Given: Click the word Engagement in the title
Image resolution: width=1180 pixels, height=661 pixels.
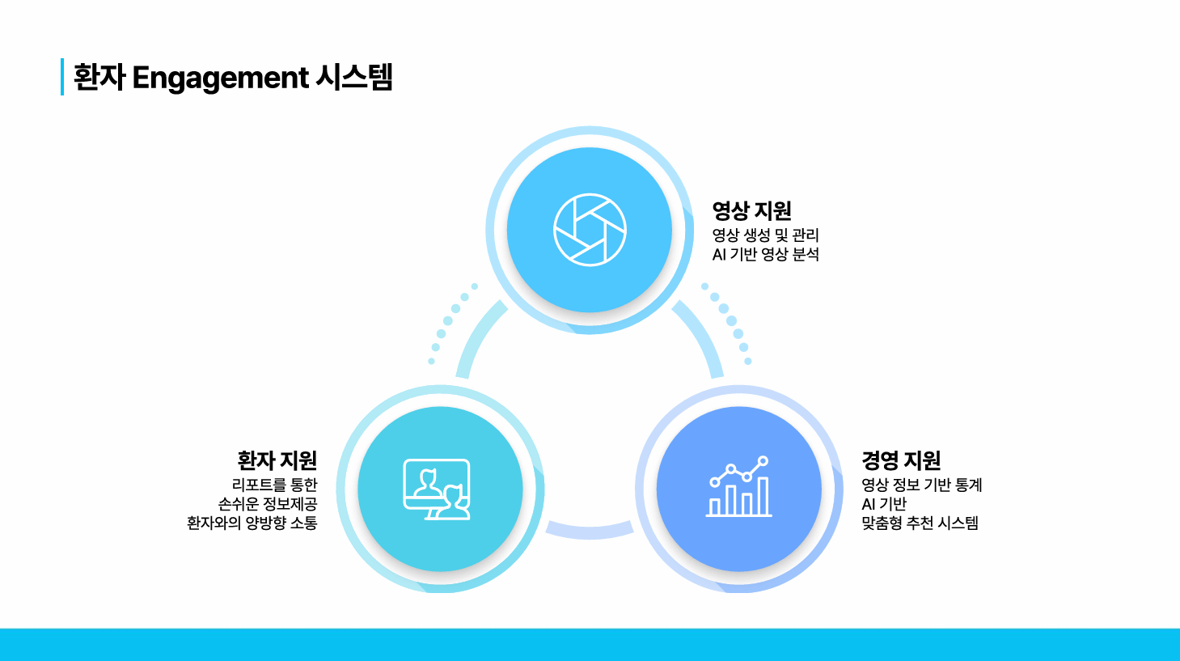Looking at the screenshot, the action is [x=220, y=78].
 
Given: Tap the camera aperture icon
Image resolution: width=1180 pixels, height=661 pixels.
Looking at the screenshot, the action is [x=590, y=230].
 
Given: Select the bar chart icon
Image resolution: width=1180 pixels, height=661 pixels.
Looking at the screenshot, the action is [x=738, y=486].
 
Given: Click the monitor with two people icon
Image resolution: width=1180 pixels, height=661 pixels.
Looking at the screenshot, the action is [x=437, y=489].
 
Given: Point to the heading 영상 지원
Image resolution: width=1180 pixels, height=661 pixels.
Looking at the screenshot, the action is [x=751, y=210].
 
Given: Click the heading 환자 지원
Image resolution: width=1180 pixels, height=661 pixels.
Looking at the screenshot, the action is [x=277, y=460].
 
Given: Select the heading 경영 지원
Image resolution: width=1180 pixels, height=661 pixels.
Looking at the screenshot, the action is [x=901, y=460].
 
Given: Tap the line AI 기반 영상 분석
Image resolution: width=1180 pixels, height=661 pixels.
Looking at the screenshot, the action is [x=765, y=255].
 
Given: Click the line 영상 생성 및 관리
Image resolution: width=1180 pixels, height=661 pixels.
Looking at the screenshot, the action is [x=765, y=235].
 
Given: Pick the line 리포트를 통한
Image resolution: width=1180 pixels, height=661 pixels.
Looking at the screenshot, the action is [x=274, y=485].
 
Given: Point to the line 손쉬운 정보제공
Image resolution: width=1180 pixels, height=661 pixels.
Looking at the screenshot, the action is [x=268, y=504].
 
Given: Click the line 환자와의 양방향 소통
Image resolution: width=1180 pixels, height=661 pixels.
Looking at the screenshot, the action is [x=252, y=523].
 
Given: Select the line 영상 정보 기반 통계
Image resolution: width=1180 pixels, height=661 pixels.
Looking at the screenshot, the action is [x=922, y=485].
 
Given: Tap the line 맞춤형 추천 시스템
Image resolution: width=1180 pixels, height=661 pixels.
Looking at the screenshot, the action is [x=920, y=523].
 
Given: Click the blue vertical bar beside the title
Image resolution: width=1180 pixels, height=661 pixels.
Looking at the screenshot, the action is [x=62, y=77].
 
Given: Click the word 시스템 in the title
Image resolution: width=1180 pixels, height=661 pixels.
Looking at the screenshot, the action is [x=354, y=78].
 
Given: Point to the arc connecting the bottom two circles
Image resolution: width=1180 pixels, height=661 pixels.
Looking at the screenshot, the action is [x=590, y=532].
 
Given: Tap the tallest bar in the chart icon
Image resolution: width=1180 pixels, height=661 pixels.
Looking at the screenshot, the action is [x=763, y=495].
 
